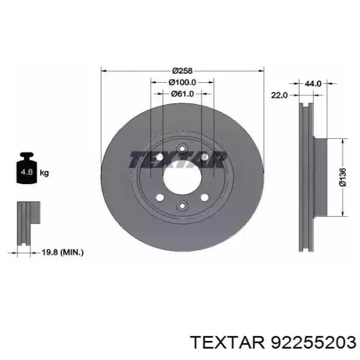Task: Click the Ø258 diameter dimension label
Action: [x=182, y=70]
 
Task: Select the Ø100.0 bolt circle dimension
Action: [x=182, y=82]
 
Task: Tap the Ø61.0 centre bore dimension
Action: [x=182, y=94]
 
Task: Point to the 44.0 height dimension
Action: [x=313, y=83]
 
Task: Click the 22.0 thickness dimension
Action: [x=279, y=95]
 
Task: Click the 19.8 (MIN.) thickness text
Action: [x=61, y=252]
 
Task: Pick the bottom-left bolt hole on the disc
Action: [x=159, y=197]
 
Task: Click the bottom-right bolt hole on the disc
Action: [x=205, y=197]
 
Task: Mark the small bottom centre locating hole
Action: [x=182, y=206]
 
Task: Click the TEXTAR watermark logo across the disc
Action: [x=178, y=160]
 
